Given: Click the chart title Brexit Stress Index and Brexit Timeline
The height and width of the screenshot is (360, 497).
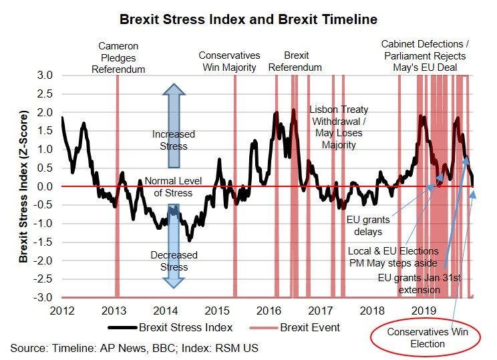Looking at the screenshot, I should (x=248, y=19).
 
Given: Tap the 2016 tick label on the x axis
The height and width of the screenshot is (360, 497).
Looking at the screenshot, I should (x=269, y=311).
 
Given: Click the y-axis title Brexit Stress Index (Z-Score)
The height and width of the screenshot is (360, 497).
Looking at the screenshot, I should (x=23, y=186).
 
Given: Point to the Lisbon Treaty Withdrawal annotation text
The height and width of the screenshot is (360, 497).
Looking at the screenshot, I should (x=339, y=127).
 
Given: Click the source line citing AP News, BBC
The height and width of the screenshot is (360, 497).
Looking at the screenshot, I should (x=134, y=347).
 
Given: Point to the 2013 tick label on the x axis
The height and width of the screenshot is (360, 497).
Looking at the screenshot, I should (x=114, y=311).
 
